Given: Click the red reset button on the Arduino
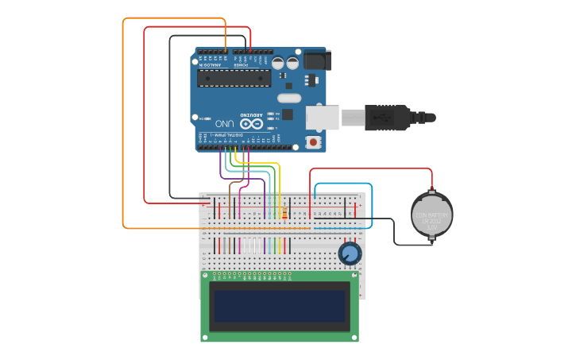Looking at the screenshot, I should pos(314,142).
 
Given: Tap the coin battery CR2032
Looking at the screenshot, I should pos(431,213).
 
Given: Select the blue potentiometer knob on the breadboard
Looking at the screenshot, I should pos(349,254).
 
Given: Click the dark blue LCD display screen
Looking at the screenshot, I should pos(280,306).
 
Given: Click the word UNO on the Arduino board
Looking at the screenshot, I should pos(224,124).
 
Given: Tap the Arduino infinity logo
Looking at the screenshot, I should pos(251,124).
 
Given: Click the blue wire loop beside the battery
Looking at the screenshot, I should pos(371,203).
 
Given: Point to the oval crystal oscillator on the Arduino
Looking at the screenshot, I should pos(289,98).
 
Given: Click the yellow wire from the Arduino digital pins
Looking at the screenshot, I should pos(279,183).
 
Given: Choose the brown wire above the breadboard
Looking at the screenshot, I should pos(230,195).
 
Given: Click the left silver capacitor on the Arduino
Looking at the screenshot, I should pos(279,62).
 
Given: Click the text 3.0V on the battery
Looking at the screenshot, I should pos(431,226).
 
